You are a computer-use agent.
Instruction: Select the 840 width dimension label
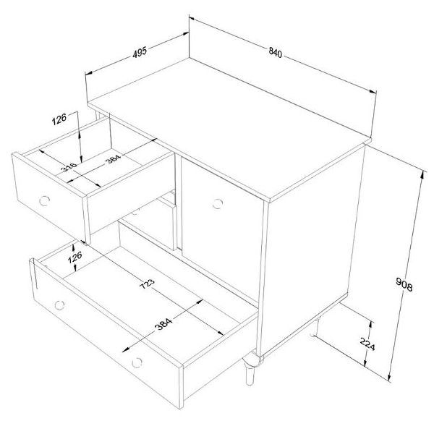pos(275,52)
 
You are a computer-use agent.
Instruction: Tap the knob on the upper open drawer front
pos(45,199)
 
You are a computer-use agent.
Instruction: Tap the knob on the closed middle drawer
pos(135,212)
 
